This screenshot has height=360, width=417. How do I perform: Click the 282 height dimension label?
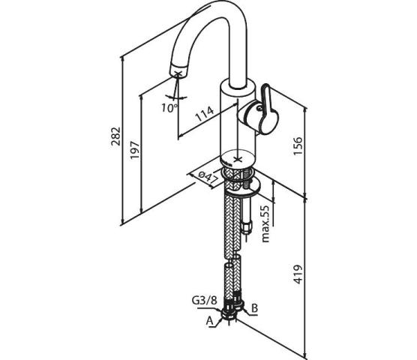pyautogui.click(x=116, y=136)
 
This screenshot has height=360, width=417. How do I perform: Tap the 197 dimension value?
pyautogui.click(x=135, y=150)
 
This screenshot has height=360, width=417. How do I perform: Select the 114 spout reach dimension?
pyautogui.click(x=205, y=114)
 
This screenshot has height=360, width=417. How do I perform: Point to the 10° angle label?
pyautogui.click(x=169, y=108)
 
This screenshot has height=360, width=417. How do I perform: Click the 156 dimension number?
pyautogui.click(x=298, y=146)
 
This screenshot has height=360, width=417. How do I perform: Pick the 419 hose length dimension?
pyautogui.click(x=298, y=274)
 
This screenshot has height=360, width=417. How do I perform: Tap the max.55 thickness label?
pyautogui.click(x=265, y=223)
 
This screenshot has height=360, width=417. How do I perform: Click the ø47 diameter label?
pyautogui.click(x=208, y=178)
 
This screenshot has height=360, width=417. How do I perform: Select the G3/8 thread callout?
pyautogui.click(x=205, y=301)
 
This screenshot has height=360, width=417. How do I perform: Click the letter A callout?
pyautogui.click(x=210, y=321)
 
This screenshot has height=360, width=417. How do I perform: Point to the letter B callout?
pyautogui.click(x=254, y=308)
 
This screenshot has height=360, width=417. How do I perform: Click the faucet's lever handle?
pyautogui.click(x=267, y=109)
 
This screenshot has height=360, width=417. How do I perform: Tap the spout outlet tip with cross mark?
pyautogui.click(x=178, y=70)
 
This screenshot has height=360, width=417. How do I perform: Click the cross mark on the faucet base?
pyautogui.click(x=237, y=160)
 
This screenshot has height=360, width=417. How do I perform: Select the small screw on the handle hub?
pyautogui.click(x=259, y=108)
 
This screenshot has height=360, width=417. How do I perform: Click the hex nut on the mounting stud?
pyautogui.click(x=246, y=228)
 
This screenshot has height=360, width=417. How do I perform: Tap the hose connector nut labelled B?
pyautogui.click(x=238, y=301)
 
